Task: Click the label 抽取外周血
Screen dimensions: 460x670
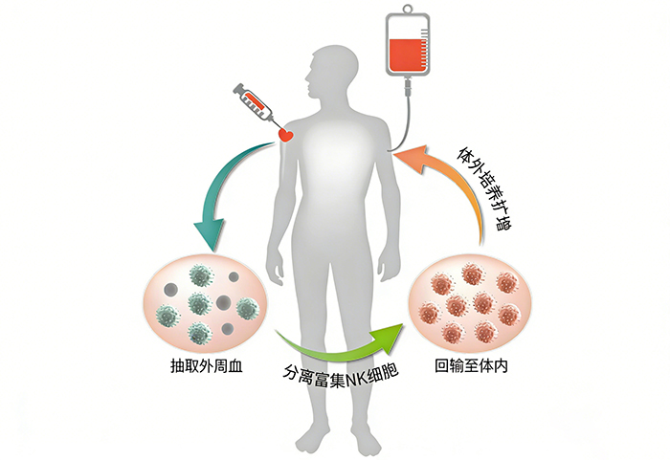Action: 196,364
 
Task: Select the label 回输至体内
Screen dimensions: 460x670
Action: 470,364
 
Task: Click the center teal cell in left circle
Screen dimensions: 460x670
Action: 198,304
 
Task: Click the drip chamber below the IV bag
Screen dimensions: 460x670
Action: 408,87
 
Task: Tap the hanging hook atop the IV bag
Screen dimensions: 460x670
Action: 407,9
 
